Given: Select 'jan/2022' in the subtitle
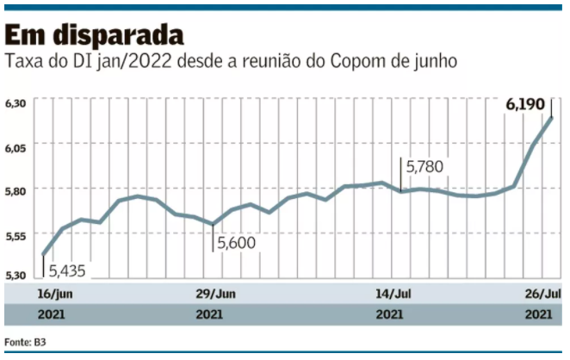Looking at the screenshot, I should tap(133, 62).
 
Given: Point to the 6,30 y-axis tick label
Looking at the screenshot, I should tap(15, 103).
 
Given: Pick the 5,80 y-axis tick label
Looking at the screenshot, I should tap(15, 190).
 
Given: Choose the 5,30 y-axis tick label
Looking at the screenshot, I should tap(15, 275).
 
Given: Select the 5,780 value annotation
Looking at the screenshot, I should tap(424, 166).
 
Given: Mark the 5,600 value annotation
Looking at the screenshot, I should tap(236, 244).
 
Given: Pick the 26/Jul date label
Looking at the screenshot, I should tap(543, 294).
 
